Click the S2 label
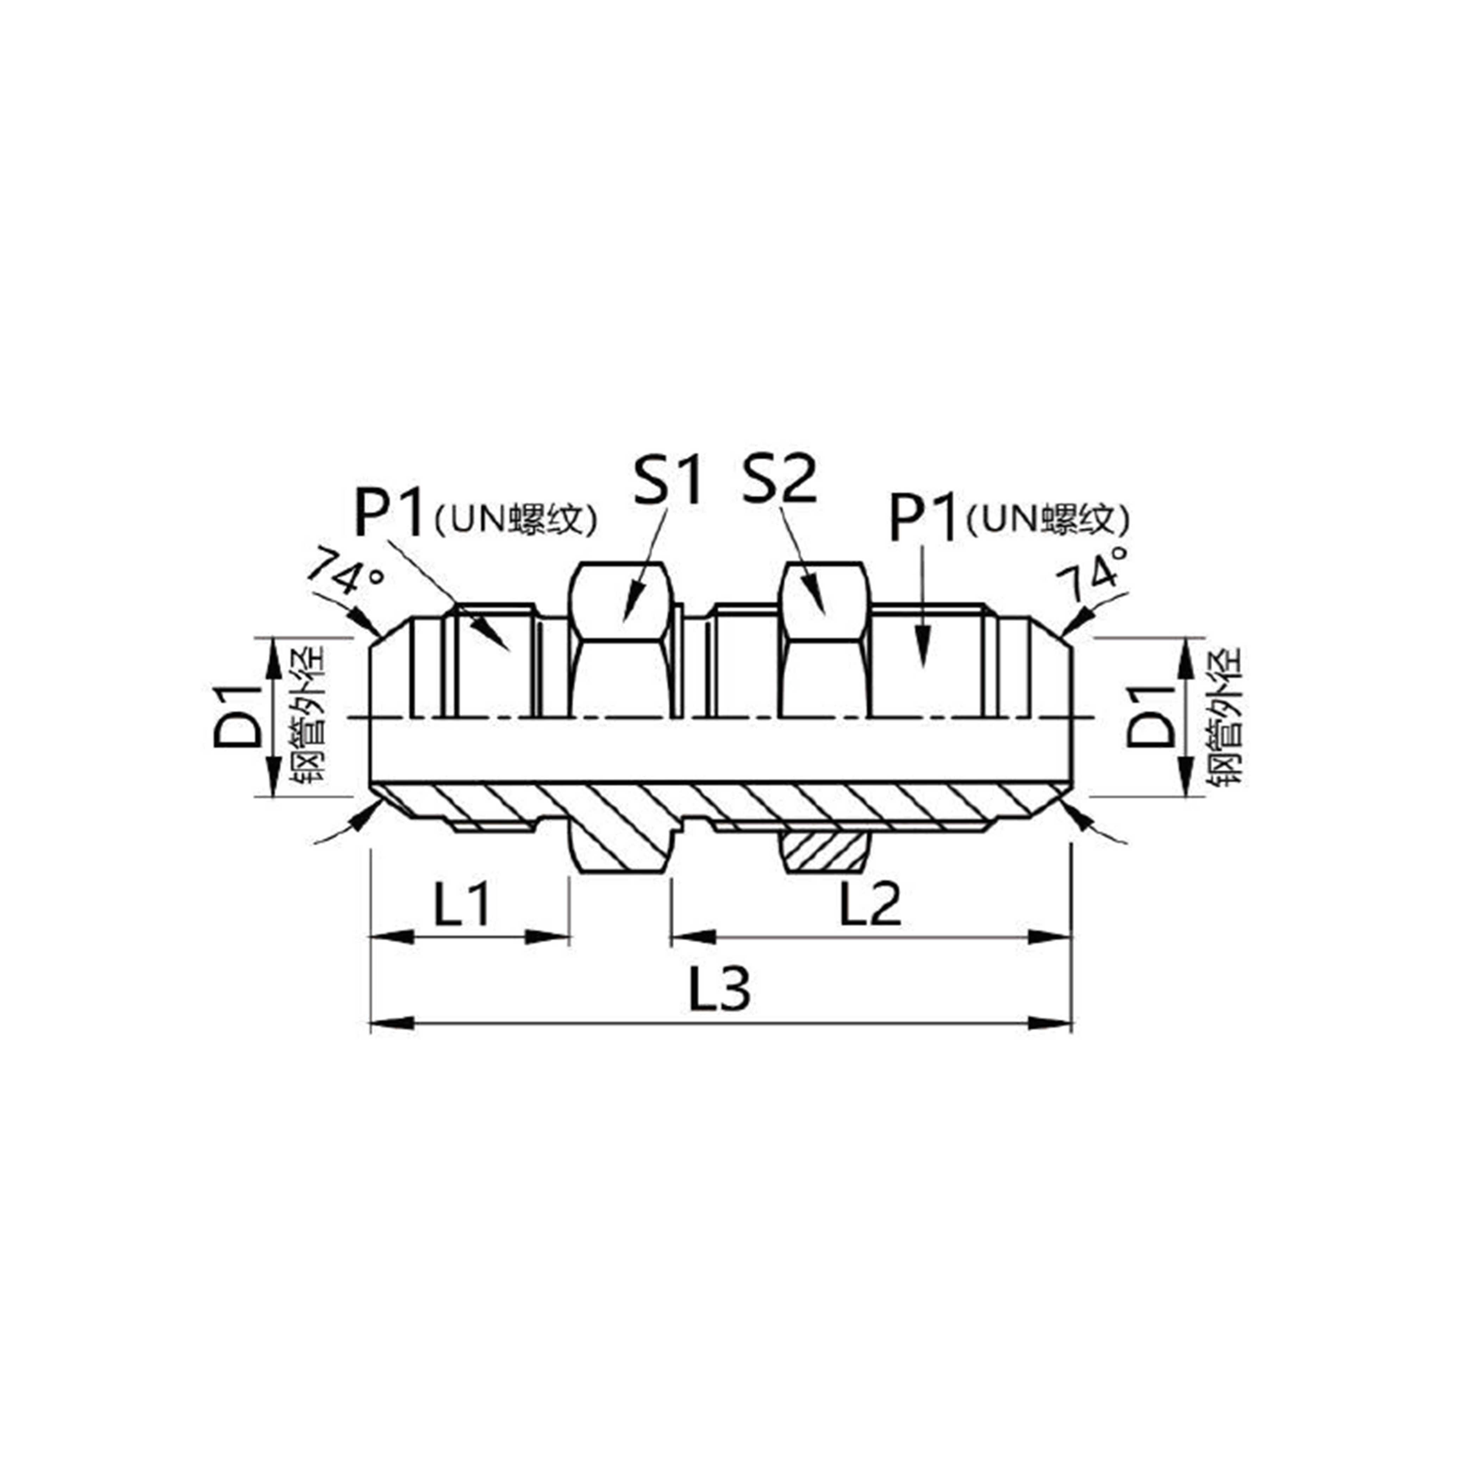click(779, 480)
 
